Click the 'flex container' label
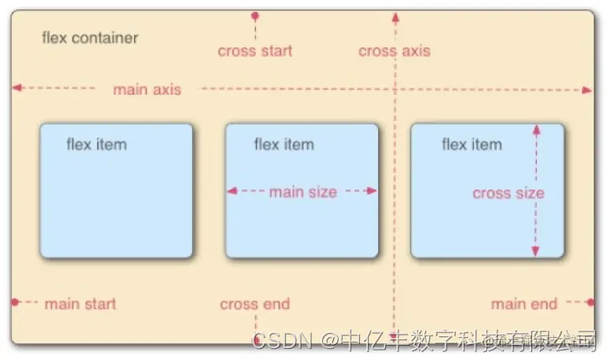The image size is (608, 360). click(89, 38)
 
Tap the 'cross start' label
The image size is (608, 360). click(255, 51)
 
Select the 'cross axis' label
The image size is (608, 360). click(394, 51)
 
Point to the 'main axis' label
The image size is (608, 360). click(147, 89)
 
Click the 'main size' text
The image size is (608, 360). click(302, 192)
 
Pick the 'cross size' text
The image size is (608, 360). click(508, 193)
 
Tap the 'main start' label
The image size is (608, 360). click(80, 304)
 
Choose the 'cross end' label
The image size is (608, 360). click(254, 304)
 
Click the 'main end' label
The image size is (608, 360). click(524, 304)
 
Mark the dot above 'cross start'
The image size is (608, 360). click(254, 16)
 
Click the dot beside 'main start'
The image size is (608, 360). click(15, 302)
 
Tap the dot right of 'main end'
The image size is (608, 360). click(590, 302)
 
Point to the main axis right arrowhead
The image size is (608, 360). click(587, 90)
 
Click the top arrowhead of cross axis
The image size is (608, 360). click(394, 15)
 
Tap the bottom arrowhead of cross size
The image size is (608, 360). click(535, 251)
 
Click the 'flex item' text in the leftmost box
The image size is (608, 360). click(96, 144)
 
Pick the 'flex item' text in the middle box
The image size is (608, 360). click(283, 144)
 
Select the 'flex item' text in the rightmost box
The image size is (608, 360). click(471, 144)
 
